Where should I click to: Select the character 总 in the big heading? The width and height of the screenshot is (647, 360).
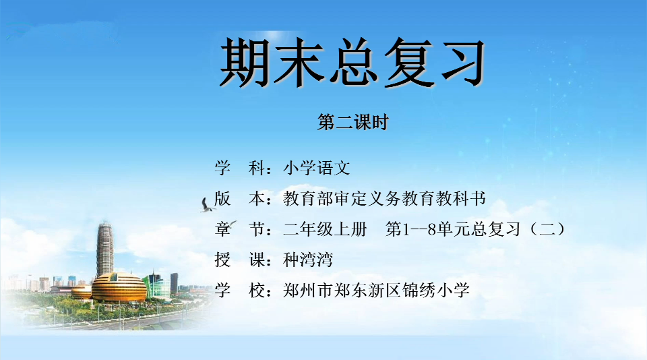(x=352, y=62)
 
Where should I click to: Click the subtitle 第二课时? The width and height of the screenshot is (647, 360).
(x=353, y=122)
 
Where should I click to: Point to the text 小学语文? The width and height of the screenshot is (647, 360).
(x=317, y=168)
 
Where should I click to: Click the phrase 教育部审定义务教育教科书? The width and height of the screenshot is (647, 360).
(x=384, y=199)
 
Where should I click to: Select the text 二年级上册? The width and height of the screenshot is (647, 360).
(x=325, y=229)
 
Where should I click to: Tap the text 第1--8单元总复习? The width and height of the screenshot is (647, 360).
(x=453, y=229)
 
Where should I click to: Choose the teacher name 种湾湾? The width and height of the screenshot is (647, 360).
(x=308, y=260)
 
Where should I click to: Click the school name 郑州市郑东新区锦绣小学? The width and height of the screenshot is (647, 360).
(x=376, y=291)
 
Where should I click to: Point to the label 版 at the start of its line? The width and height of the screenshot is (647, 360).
(x=222, y=199)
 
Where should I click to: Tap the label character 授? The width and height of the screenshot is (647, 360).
(x=222, y=260)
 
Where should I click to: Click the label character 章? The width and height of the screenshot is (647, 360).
(x=222, y=229)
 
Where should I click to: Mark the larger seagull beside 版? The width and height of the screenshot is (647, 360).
(x=207, y=206)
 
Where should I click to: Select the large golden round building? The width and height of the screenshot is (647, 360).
(x=119, y=287)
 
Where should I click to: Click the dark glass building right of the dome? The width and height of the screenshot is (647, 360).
(x=174, y=283)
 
